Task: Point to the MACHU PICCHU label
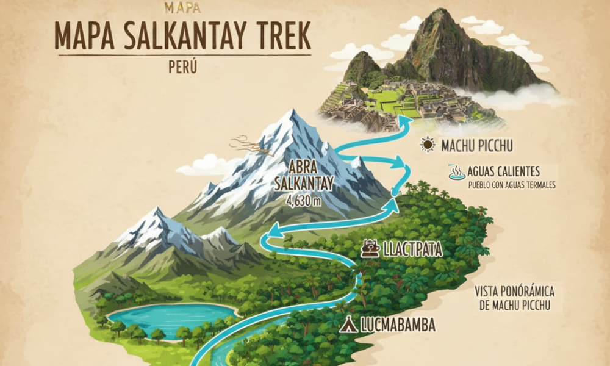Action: pos(477,146)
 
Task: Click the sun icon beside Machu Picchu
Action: pos(428,145)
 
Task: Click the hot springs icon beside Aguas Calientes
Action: pos(457,173)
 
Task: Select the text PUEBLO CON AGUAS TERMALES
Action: pos(512,185)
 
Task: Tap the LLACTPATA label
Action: pos(412,249)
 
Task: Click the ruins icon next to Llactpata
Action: pos(370,248)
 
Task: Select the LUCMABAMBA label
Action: pos(396,325)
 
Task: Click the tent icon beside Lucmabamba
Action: pos(348,325)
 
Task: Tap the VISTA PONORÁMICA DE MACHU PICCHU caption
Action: pos(518,298)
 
